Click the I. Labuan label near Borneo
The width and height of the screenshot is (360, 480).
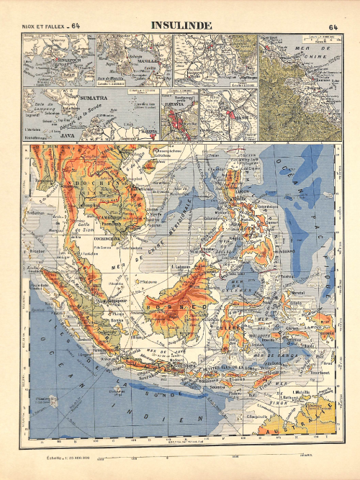(x=180, y=267)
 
